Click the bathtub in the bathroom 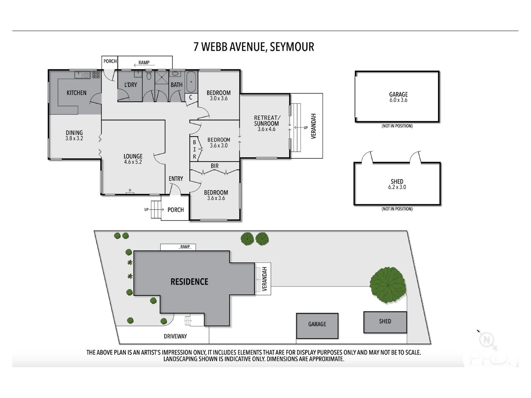(x=191, y=82)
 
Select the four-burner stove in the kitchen (x=96, y=75)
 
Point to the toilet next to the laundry (x=149, y=75)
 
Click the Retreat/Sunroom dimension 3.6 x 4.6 (x=266, y=129)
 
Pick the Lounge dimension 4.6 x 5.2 (x=133, y=162)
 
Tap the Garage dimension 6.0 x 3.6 (x=398, y=100)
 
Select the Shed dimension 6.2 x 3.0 (x=397, y=187)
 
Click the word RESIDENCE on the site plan (x=190, y=282)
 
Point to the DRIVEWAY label (x=175, y=336)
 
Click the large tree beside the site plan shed (x=388, y=285)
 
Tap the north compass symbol (x=487, y=340)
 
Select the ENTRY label (x=176, y=178)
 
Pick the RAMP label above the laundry (x=144, y=63)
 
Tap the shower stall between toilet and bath (x=161, y=77)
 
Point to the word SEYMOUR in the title (x=292, y=47)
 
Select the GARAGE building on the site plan (x=317, y=326)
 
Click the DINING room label (x=74, y=133)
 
